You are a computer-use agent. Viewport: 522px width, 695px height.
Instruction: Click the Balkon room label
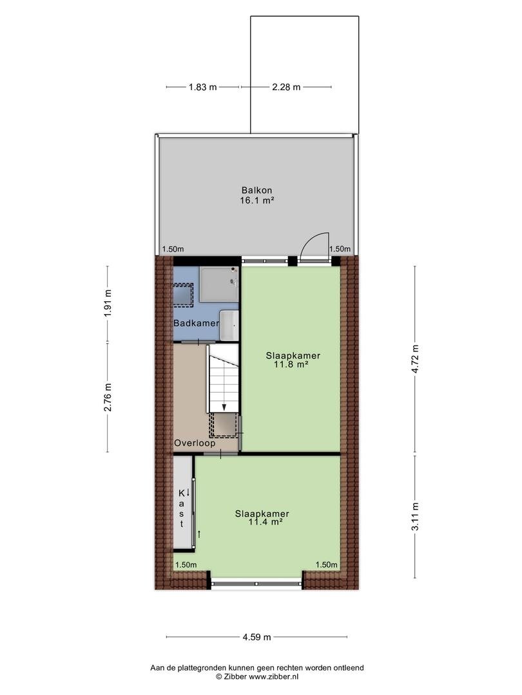(257, 190)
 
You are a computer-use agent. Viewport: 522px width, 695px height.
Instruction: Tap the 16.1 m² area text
(257, 200)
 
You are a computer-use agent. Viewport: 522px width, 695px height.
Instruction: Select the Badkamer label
(196, 323)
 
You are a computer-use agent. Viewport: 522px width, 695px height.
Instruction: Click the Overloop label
(195, 443)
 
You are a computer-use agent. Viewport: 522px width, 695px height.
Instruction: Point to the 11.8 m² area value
(291, 365)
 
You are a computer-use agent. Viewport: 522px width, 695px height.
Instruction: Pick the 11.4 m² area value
(266, 522)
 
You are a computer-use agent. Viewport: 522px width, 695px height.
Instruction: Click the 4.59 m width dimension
(256, 637)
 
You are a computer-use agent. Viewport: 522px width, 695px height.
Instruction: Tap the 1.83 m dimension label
(203, 88)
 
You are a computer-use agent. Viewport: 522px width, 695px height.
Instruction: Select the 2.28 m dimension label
(286, 88)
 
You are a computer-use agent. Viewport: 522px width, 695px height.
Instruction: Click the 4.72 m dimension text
(416, 358)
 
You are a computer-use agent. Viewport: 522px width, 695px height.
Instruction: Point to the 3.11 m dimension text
(416, 516)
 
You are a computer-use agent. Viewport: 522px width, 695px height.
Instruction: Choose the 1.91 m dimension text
(108, 303)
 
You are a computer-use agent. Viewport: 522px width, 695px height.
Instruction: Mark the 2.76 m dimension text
(108, 397)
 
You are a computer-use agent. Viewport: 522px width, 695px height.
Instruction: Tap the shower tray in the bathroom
(219, 284)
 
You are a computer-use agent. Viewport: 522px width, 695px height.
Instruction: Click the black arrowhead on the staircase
(224, 407)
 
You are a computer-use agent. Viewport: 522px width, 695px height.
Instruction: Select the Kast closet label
(182, 508)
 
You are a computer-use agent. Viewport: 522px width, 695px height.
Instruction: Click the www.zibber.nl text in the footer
(273, 676)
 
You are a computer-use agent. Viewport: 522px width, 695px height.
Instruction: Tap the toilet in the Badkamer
(229, 326)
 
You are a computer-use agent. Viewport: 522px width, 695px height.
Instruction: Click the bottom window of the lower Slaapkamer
(256, 584)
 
